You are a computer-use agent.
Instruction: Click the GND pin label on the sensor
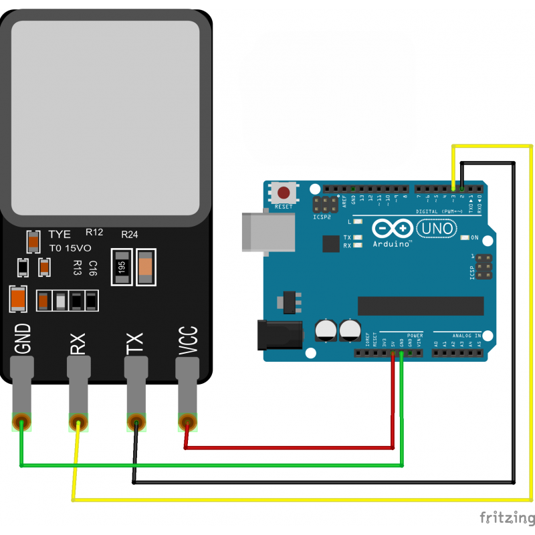[23, 338]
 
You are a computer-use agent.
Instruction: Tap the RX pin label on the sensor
[78, 340]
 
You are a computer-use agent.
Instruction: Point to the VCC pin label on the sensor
[189, 340]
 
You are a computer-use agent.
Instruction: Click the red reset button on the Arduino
[284, 194]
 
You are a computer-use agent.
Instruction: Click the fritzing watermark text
[505, 518]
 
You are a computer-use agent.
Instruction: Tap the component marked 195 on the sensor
[121, 267]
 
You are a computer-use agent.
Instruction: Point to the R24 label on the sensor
[129, 235]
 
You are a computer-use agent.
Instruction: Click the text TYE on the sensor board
[60, 235]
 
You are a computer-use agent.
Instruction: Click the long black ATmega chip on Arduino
[421, 305]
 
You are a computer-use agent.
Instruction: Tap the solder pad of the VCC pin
[187, 422]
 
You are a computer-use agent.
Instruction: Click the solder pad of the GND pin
[22, 422]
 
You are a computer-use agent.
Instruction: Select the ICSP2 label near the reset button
[322, 217]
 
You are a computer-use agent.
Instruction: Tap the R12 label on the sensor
[94, 232]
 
